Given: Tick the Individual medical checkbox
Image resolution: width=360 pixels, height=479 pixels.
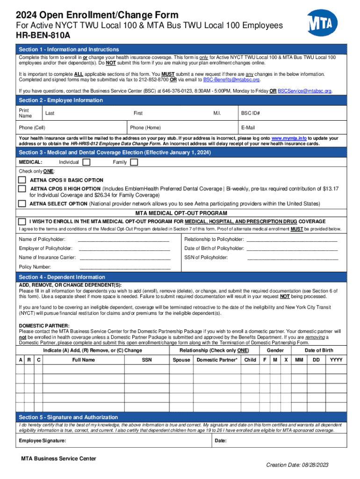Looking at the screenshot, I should coord(86,162).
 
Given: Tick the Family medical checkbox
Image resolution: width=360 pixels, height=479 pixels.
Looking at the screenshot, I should coord(134,162).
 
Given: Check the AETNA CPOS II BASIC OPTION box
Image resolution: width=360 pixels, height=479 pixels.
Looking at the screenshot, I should coord(22,180).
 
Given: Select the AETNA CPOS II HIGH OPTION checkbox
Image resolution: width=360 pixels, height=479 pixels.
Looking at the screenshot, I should coord(22,189).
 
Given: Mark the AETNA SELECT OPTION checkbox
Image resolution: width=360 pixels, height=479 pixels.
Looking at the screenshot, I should coord(22,203).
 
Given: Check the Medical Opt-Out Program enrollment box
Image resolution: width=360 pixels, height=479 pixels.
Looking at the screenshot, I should coord(22,221).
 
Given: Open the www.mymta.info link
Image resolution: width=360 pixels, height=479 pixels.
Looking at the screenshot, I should coord(289,138).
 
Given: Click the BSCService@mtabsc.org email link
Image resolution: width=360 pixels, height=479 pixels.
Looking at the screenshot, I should coord(304,91).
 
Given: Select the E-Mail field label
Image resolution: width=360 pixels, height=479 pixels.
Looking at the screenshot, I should coord(248,128).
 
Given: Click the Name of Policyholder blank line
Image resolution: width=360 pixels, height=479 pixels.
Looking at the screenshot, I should coord(123,239).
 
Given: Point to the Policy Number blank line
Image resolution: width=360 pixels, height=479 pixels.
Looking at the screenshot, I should coord(125,267).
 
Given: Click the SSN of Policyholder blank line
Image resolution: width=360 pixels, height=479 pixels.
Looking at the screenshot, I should coord(292,258).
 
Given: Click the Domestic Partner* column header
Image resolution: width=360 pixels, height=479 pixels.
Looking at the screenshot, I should coord(217,360).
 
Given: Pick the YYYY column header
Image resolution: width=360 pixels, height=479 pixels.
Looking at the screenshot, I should coord(336,360).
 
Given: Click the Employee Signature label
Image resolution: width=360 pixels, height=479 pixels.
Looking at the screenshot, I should coord(42,441).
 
